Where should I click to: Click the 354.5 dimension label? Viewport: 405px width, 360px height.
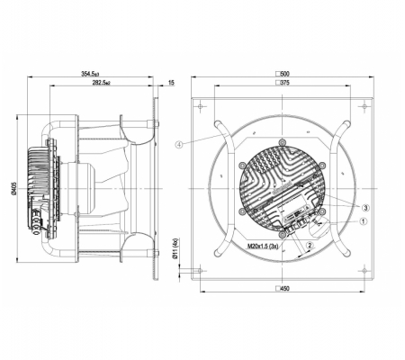(90, 74)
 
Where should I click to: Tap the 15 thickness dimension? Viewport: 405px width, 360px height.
(171, 83)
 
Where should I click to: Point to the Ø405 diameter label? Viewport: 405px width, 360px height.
(14, 188)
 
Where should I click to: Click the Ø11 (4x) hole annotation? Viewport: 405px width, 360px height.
(175, 248)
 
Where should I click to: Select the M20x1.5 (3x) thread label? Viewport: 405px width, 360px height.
(263, 247)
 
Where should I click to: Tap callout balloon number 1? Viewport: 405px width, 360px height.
(364, 221)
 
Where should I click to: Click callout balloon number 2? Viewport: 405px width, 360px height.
(310, 245)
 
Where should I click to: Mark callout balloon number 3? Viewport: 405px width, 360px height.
(365, 208)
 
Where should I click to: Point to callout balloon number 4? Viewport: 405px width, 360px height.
(179, 145)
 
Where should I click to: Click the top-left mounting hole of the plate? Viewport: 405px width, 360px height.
(200, 106)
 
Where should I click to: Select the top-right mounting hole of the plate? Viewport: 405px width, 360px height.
(364, 106)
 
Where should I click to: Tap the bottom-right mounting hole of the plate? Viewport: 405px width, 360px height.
(364, 271)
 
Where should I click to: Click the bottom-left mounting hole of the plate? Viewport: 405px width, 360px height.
(200, 271)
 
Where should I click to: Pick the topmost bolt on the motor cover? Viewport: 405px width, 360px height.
(282, 142)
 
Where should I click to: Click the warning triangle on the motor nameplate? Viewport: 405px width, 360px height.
(307, 208)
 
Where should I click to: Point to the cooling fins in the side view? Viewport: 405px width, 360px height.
(39, 174)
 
